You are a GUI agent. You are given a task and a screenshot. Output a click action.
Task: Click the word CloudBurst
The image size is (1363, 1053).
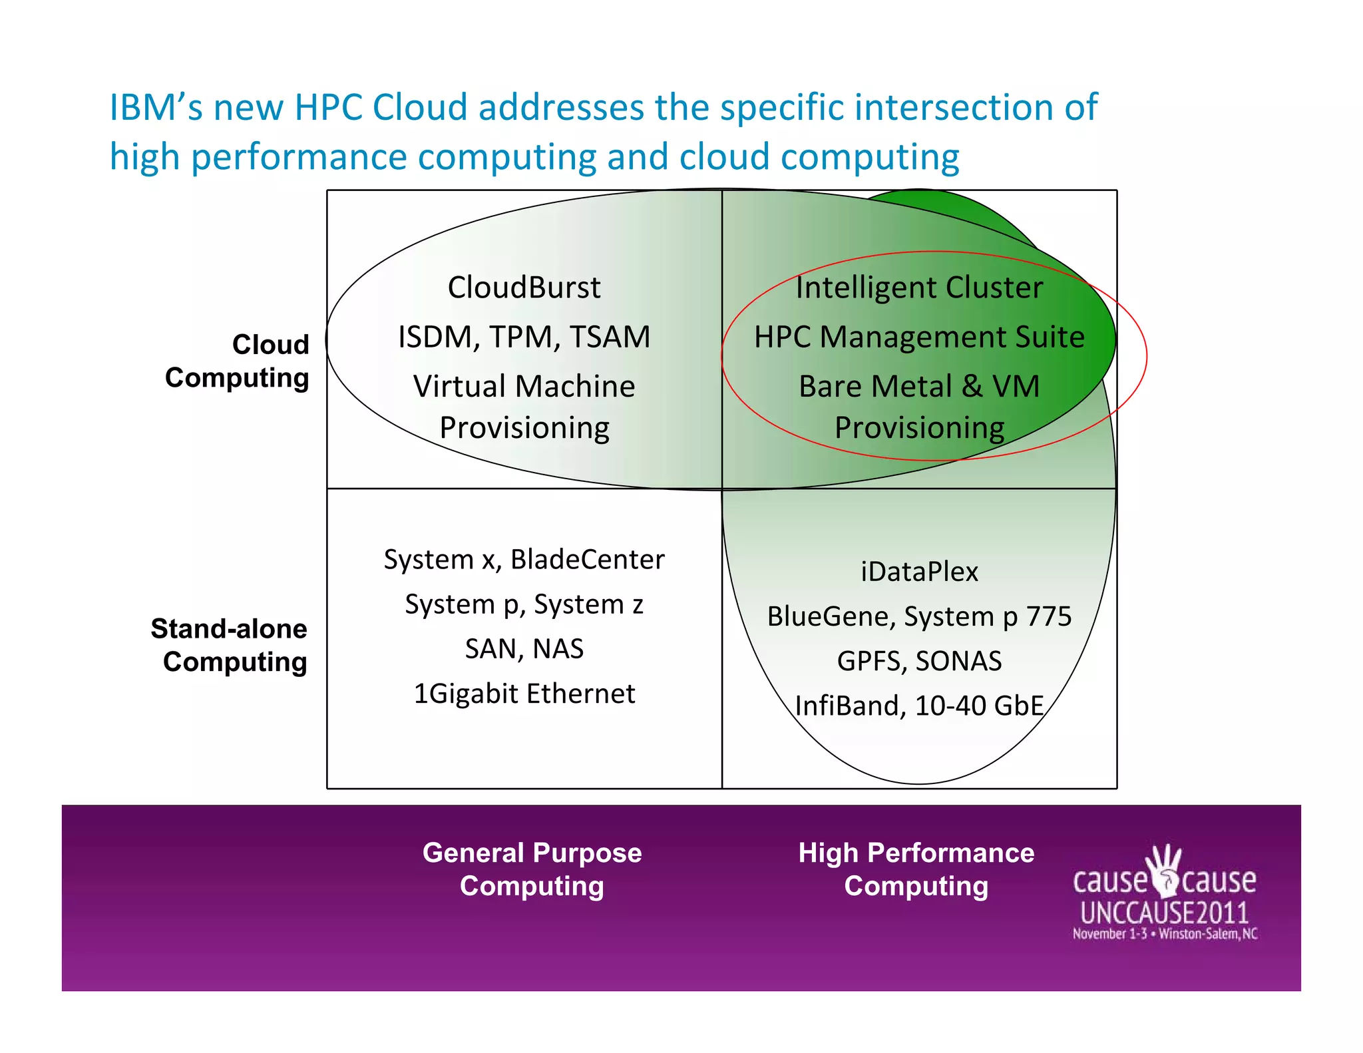pos(524,288)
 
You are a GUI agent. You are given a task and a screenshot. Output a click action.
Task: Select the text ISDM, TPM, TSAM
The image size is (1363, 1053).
pos(524,337)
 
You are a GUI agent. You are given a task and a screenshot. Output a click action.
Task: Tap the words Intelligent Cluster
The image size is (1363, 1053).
pos(919,288)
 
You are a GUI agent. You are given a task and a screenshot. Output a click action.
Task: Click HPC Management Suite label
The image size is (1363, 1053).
pos(919,337)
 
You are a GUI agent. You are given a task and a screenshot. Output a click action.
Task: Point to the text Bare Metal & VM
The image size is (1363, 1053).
pos(919,386)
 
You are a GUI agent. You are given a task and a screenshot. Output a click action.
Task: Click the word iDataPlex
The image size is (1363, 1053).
pos(919,572)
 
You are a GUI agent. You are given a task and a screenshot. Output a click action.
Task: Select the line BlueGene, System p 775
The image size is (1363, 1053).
pos(919,616)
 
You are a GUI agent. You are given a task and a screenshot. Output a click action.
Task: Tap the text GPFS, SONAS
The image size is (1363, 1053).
pos(919,661)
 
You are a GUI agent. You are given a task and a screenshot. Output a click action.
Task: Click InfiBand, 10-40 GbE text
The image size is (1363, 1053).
pos(919,706)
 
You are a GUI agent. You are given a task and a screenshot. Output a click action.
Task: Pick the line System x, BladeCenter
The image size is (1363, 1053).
pos(524,559)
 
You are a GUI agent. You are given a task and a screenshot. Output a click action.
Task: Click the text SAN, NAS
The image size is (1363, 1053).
pos(524,648)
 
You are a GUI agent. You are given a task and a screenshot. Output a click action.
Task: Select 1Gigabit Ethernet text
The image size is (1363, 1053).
pos(524,694)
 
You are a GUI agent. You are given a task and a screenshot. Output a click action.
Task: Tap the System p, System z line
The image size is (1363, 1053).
pos(524,604)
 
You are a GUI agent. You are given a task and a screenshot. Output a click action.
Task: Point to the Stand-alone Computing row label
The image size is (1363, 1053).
pos(230,645)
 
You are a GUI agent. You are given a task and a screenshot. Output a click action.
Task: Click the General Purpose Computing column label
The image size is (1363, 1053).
pos(532,869)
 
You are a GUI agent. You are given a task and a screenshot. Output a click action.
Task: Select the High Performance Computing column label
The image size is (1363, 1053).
pos(916,869)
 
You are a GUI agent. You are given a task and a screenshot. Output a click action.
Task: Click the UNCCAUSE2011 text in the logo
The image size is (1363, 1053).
pos(1164,913)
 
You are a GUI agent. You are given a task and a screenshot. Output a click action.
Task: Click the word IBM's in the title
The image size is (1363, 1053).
pos(155,108)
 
